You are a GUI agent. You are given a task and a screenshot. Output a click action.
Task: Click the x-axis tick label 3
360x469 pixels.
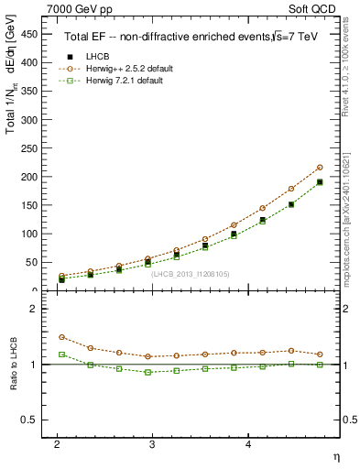(153, 442)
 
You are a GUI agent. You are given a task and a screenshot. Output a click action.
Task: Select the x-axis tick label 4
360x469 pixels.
(248, 442)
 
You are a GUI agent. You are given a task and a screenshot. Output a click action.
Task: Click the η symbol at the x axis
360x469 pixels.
(334, 456)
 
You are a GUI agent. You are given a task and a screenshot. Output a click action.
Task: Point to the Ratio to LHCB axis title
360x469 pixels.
(14, 364)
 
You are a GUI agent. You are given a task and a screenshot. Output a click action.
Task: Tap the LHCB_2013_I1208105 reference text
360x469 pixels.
(191, 273)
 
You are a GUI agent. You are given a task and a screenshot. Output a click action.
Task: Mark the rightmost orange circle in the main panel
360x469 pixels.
(320, 168)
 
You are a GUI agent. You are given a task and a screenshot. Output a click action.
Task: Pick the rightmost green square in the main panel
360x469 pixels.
(320, 182)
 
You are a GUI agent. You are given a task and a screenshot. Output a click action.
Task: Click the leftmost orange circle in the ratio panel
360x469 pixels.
(61, 337)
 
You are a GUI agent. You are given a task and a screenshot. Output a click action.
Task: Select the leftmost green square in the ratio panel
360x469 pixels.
(61, 354)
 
